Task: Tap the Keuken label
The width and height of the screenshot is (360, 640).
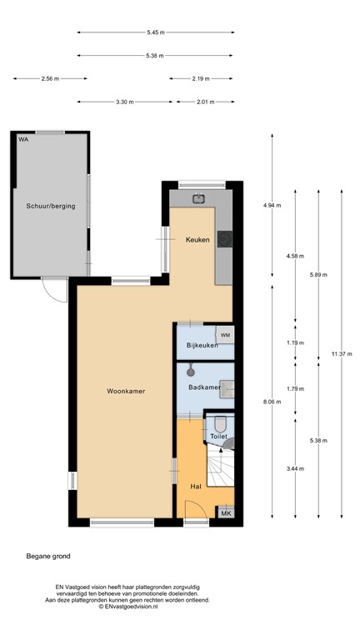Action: pyautogui.click(x=197, y=239)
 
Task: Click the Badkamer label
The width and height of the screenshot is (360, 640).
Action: pyautogui.click(x=204, y=387)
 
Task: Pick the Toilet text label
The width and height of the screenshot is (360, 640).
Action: pyautogui.click(x=219, y=436)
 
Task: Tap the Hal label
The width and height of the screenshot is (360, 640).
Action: pyautogui.click(x=197, y=486)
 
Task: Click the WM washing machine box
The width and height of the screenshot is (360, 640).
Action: pyautogui.click(x=226, y=335)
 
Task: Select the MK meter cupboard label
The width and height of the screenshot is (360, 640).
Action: pyautogui.click(x=225, y=514)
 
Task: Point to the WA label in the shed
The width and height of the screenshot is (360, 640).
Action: pyautogui.click(x=23, y=139)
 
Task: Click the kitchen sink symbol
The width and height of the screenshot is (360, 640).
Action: pyautogui.click(x=199, y=198)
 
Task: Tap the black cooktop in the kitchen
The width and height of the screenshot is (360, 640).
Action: pyautogui.click(x=224, y=239)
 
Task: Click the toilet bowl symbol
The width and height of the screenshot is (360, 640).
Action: pyautogui.click(x=220, y=423)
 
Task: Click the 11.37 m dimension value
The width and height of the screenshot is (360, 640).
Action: pyautogui.click(x=341, y=353)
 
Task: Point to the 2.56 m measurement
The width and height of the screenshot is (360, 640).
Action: pyautogui.click(x=50, y=78)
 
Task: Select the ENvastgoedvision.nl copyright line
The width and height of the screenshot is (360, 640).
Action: pyautogui.click(x=133, y=607)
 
